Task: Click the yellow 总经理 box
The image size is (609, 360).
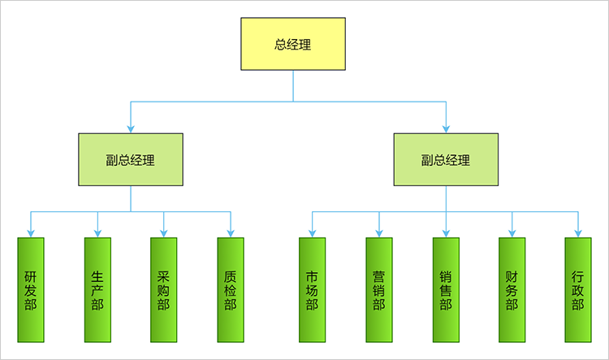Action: pyautogui.click(x=293, y=45)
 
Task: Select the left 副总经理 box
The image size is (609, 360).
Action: pyautogui.click(x=131, y=159)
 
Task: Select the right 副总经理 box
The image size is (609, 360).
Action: pyautogui.click(x=446, y=159)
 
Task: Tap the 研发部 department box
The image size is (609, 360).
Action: pyautogui.click(x=31, y=289)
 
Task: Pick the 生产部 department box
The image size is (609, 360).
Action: pyautogui.click(x=97, y=289)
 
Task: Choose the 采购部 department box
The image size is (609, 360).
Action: pyautogui.click(x=164, y=289)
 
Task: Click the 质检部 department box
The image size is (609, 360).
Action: pyautogui.click(x=231, y=289)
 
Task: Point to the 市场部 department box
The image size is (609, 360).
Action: pyautogui.click(x=312, y=289)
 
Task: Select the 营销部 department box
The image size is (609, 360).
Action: pyautogui.click(x=378, y=289)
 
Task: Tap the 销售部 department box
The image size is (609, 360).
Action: pyautogui.click(x=445, y=289)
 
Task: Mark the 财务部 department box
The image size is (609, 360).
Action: pyautogui.click(x=512, y=289)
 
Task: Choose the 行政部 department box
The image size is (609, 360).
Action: pyautogui.click(x=578, y=289)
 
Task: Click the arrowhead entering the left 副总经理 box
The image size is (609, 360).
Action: pyautogui.click(x=131, y=128)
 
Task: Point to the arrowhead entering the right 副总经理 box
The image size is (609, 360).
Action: pyautogui.click(x=446, y=128)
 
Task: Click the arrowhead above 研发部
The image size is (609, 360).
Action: pyautogui.click(x=31, y=233)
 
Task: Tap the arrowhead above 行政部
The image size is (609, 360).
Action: pyautogui.click(x=578, y=233)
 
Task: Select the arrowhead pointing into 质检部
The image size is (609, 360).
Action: pyautogui.click(x=231, y=233)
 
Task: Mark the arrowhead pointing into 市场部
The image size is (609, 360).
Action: pyautogui.click(x=312, y=233)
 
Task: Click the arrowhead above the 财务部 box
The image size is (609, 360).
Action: pyautogui.click(x=512, y=233)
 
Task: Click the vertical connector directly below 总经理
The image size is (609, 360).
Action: pyautogui.click(x=293, y=85)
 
